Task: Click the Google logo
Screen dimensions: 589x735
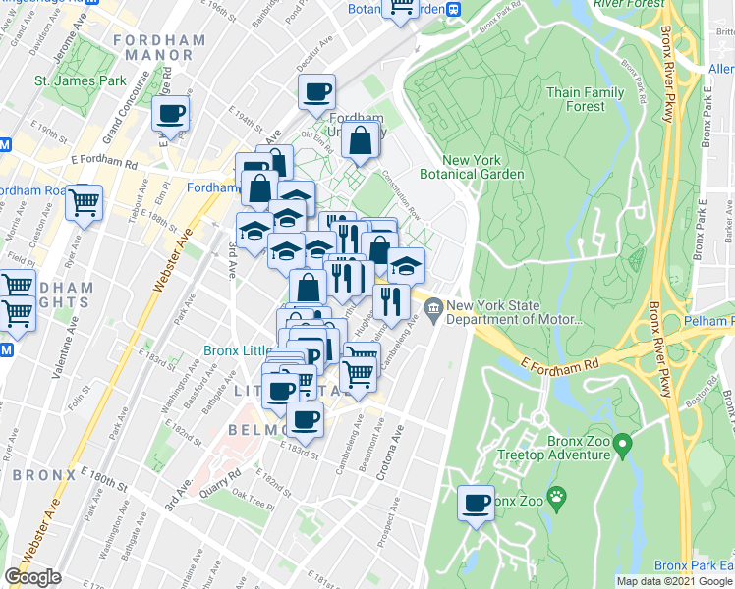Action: (x=32, y=577)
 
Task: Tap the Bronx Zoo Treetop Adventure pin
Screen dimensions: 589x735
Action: (x=621, y=448)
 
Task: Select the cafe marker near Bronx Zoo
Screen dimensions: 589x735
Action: (x=478, y=504)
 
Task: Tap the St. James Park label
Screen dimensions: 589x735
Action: (x=81, y=80)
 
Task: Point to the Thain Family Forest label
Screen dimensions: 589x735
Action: (x=586, y=99)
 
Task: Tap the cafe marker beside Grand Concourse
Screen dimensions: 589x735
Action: (x=171, y=114)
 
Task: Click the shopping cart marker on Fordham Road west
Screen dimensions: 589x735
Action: (x=85, y=203)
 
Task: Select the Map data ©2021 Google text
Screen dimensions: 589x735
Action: (x=674, y=581)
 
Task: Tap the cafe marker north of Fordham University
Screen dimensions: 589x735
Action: (x=317, y=93)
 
